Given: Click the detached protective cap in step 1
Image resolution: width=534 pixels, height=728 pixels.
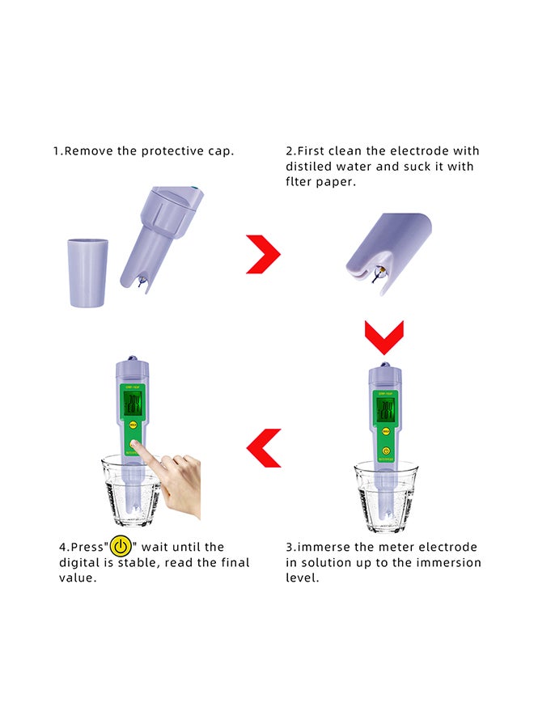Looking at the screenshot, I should tap(88, 273).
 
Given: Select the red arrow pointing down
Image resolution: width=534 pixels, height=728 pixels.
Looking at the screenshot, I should tap(384, 337).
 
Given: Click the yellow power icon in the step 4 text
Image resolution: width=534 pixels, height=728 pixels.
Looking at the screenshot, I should tap(121, 547).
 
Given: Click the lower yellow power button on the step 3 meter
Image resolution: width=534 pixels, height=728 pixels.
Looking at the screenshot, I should tap(386, 451).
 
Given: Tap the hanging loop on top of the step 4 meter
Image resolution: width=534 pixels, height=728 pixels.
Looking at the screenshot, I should tap(130, 359).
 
